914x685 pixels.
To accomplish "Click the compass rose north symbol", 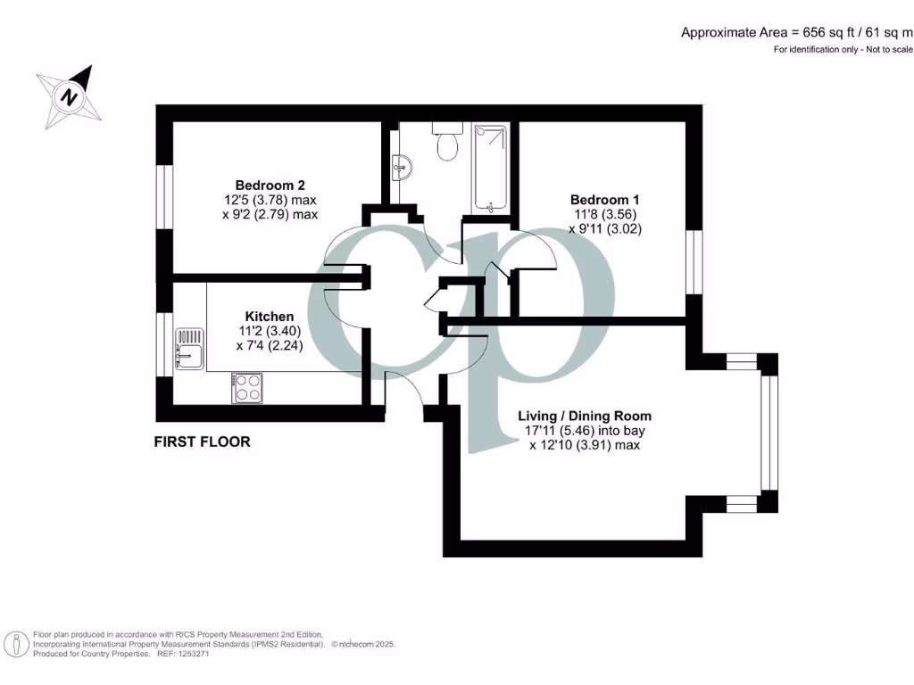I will [69, 95].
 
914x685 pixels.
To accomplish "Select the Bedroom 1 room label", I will [605, 200].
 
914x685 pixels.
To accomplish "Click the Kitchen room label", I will [270, 317].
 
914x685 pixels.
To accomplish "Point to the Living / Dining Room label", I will [585, 416].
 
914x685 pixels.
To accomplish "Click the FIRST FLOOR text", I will [203, 442].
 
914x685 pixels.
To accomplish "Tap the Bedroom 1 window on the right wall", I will [693, 261].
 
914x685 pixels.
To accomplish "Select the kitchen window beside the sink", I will [164, 344].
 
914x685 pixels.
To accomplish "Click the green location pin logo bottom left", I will [15, 644].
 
